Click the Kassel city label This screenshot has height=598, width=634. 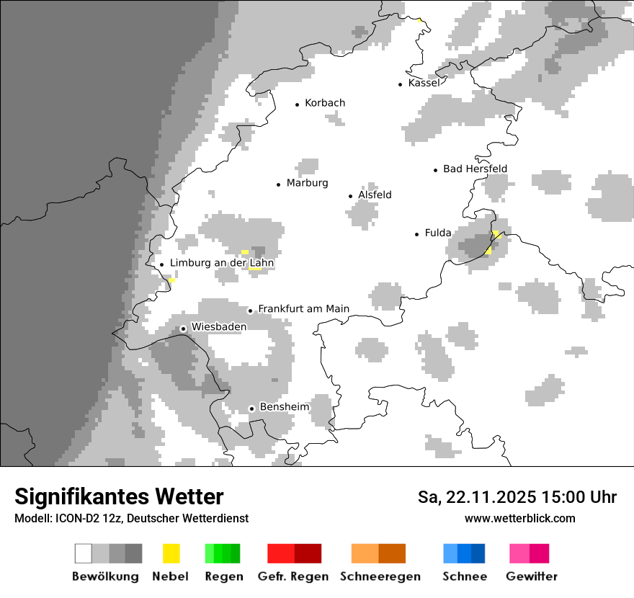[424, 83]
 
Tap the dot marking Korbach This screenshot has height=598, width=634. [297, 104]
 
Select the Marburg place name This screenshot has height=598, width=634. [307, 183]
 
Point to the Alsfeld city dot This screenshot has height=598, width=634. [351, 196]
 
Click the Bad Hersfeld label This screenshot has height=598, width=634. [475, 169]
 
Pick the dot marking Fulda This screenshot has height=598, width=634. [417, 234]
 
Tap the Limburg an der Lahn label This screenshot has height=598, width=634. [222, 263]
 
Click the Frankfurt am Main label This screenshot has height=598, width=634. [303, 309]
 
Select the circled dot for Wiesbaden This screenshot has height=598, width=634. [184, 329]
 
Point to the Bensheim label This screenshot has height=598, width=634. [284, 407]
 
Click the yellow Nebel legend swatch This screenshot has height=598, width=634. [171, 553]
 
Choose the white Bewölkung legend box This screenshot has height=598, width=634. [84, 553]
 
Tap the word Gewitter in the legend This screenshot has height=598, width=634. [532, 576]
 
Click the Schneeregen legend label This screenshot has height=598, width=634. [380, 576]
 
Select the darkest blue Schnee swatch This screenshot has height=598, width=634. [478, 553]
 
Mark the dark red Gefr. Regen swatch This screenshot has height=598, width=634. [308, 553]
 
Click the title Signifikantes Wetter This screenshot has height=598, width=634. [119, 497]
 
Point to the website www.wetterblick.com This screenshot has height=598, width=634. [520, 518]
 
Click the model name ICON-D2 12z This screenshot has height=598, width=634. [84, 518]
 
